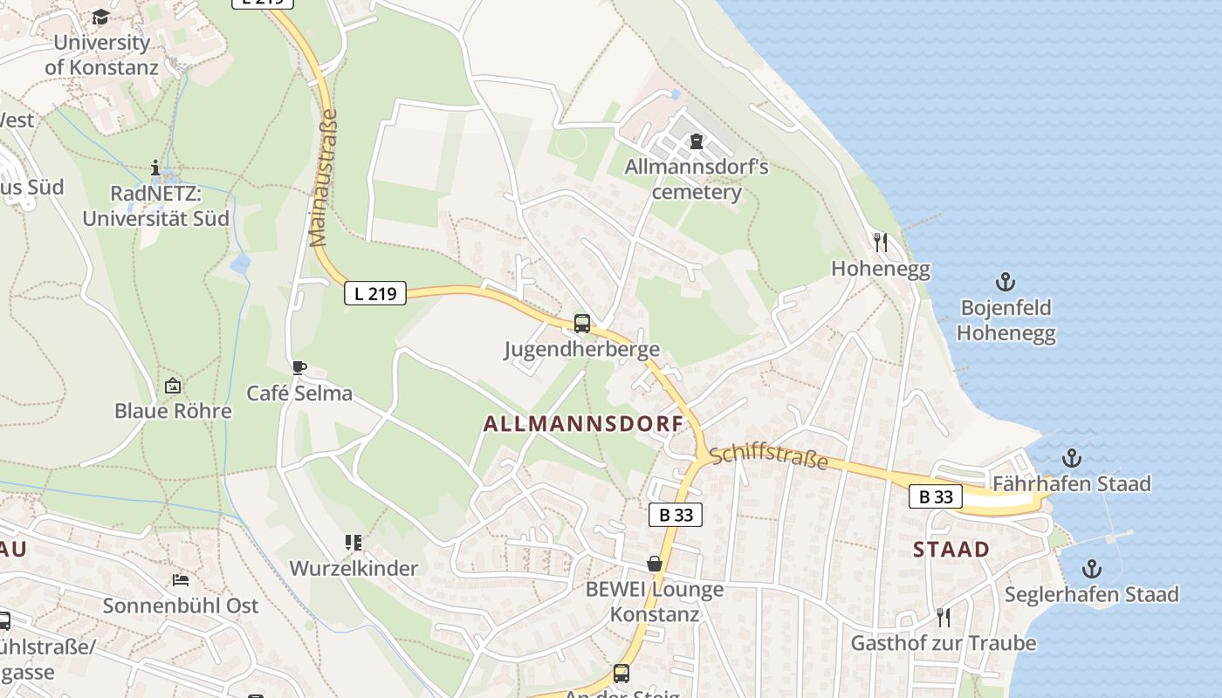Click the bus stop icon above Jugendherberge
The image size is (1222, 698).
point(582,324)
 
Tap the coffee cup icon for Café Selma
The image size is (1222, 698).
point(299,367)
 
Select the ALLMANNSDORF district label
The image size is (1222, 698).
point(583,425)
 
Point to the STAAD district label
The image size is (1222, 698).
point(951,550)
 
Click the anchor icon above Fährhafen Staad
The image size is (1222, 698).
point(1071,458)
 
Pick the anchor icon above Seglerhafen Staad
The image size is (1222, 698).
point(1091,569)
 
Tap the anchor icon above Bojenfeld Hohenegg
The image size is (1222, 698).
point(1006,282)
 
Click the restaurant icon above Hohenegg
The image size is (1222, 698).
point(881,242)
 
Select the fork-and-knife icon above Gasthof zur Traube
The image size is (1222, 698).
point(943,617)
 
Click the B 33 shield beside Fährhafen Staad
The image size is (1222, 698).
point(936,496)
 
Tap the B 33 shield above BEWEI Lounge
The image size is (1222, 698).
point(676,515)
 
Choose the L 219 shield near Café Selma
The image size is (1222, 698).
point(375,293)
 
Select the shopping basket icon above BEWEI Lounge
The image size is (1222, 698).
point(655,565)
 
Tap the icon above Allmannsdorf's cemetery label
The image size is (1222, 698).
point(697,140)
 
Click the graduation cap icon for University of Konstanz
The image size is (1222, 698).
point(100,17)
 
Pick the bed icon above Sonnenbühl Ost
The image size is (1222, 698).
point(181,579)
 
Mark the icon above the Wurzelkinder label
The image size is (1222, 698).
point(353,543)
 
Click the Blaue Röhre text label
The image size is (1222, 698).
point(173,411)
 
